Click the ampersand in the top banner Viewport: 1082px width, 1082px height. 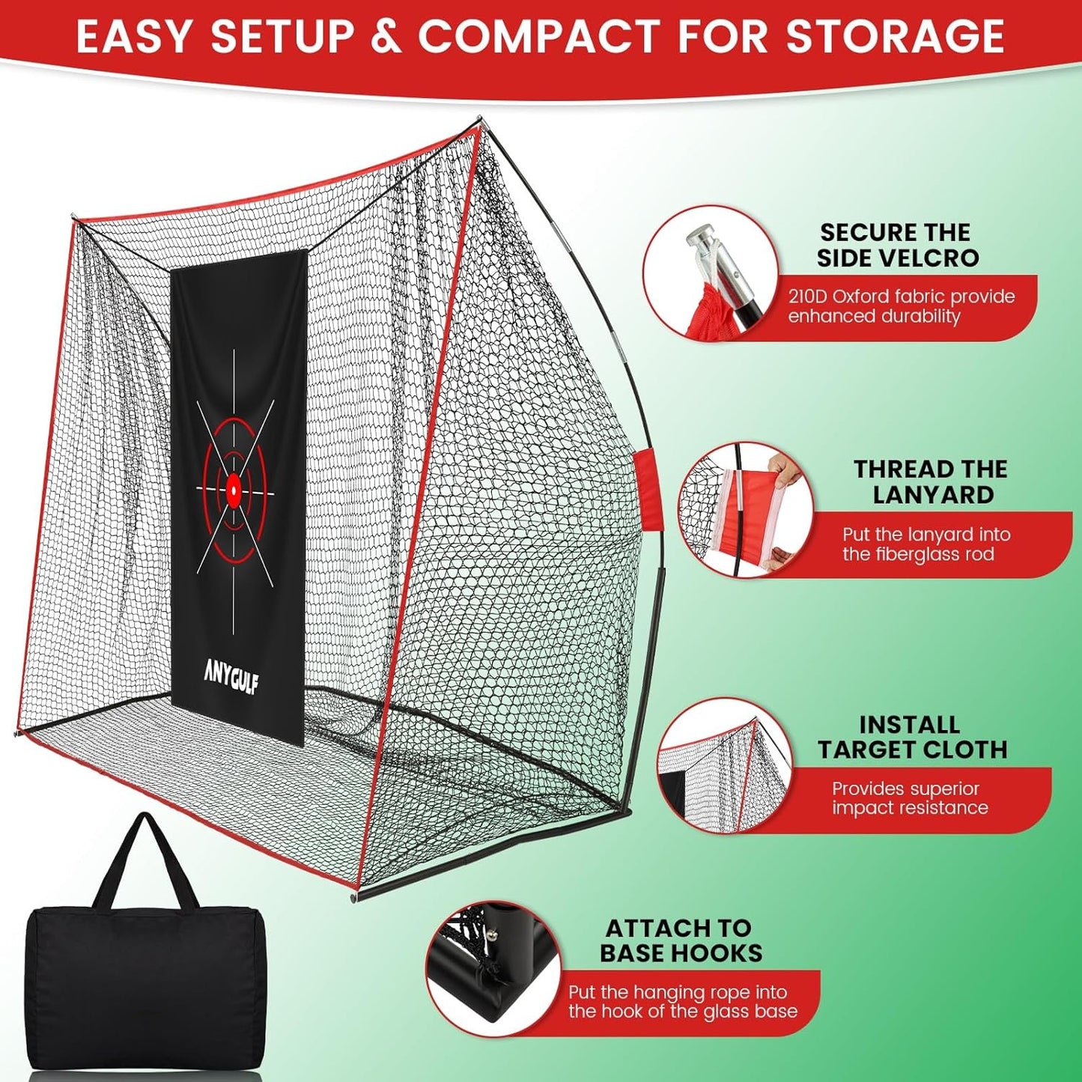tap(386, 37)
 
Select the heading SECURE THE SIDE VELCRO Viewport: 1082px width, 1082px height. tap(896, 245)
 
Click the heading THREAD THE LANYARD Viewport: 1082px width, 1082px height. tap(931, 481)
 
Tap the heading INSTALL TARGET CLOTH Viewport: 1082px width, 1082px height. tap(911, 737)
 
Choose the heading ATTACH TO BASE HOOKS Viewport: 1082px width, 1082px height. tap(680, 940)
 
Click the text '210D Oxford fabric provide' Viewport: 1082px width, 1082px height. tap(901, 297)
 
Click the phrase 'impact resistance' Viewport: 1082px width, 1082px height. tap(910, 808)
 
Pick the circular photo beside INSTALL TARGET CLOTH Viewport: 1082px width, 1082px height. tap(724, 765)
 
